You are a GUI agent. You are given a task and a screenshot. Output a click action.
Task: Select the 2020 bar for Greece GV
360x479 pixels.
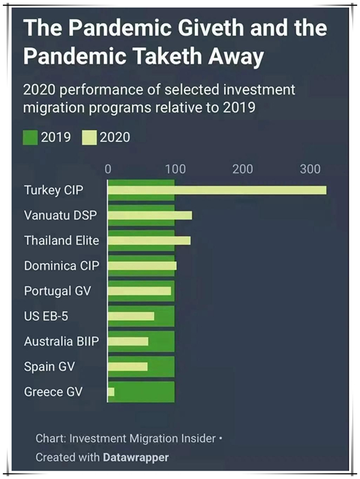point(110,391)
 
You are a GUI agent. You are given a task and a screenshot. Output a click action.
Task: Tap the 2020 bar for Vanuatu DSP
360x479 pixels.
point(150,215)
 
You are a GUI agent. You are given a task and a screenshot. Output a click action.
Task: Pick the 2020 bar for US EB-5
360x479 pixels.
point(131,316)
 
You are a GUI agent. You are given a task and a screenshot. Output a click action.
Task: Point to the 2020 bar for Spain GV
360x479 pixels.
point(127,366)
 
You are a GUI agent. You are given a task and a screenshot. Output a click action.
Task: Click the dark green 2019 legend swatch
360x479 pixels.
point(30,137)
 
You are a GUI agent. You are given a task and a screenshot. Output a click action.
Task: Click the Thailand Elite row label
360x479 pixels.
point(61,240)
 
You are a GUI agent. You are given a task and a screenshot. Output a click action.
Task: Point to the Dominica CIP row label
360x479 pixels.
point(61,266)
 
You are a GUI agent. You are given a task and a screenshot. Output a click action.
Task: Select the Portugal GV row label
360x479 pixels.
point(57,291)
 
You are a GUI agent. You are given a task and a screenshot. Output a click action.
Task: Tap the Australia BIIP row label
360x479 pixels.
point(61,341)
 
